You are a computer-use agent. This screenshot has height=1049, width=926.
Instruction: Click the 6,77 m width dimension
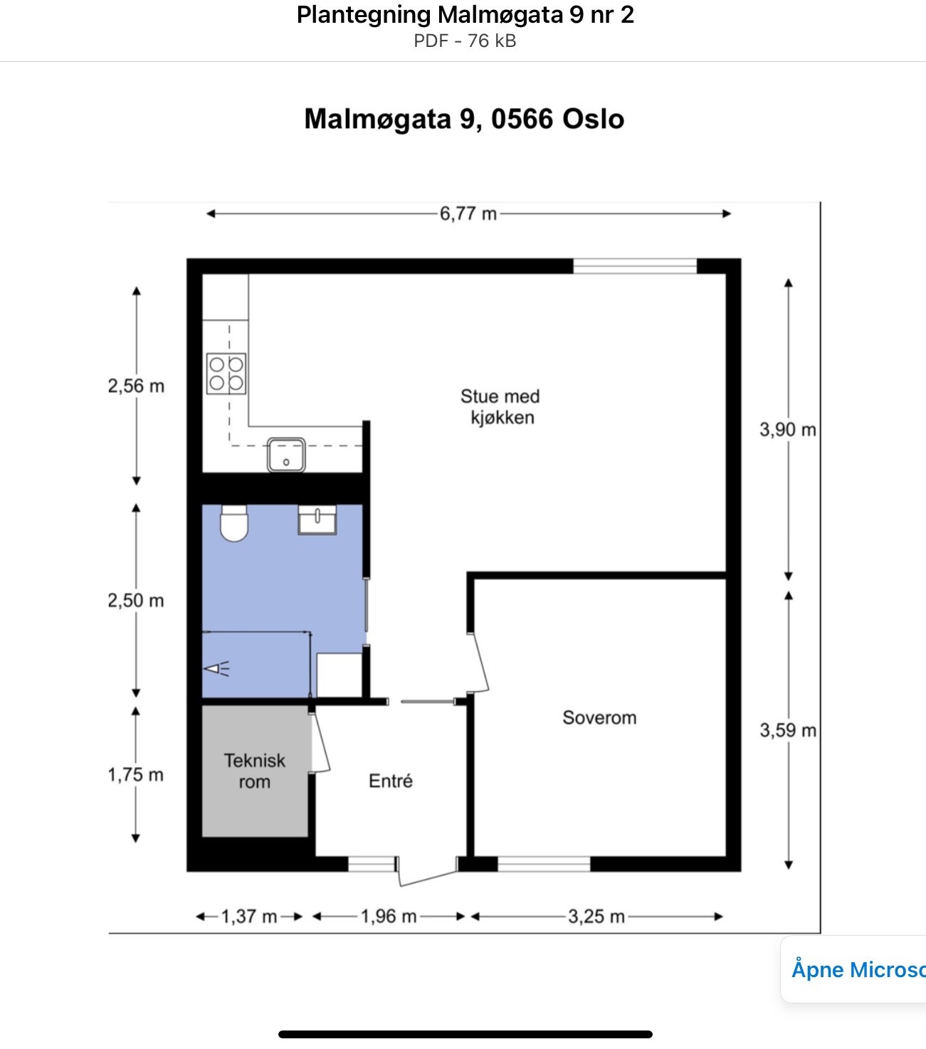468,214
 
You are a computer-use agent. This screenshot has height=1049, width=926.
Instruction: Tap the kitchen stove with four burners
226,374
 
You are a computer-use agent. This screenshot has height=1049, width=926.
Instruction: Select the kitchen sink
286,455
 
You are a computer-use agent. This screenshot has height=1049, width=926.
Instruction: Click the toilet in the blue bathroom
233,523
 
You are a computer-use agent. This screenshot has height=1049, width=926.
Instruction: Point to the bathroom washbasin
317,520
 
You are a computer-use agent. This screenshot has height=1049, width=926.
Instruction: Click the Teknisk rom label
254,771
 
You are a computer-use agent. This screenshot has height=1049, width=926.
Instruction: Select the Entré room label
390,781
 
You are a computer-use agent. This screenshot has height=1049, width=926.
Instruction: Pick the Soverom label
599,717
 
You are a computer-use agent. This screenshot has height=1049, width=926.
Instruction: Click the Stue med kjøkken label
500,407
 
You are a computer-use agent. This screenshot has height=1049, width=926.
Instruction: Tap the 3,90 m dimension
787,430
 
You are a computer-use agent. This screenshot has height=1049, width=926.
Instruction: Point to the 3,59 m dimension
787,731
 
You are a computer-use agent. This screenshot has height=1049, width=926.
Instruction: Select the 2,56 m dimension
136,386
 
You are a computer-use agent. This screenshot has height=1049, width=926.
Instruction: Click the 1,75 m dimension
135,775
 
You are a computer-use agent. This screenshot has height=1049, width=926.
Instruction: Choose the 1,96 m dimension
388,917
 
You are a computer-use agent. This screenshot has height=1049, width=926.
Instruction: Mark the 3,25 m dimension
596,917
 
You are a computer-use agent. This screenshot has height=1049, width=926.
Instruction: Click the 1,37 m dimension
248,917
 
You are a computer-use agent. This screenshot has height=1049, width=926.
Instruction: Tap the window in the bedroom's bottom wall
544,865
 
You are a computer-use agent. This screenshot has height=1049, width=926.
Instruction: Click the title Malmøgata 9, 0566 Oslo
464,119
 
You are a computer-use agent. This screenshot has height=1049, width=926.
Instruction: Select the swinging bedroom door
480,662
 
